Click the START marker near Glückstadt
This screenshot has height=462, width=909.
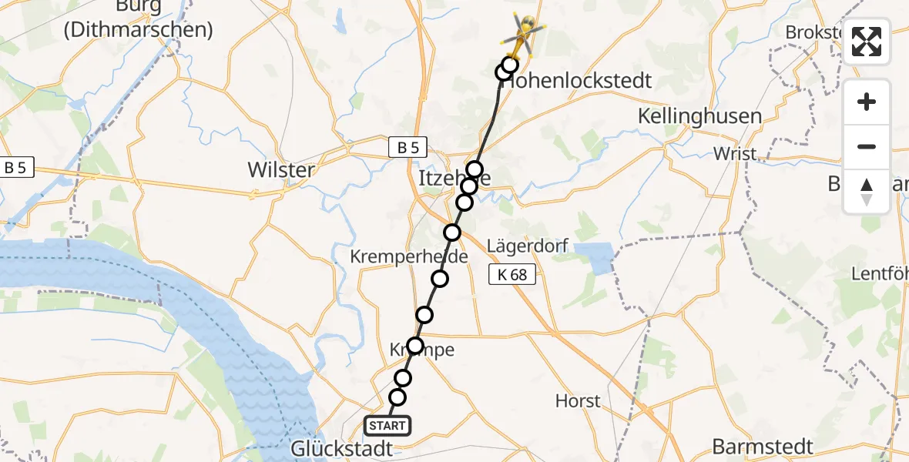387,426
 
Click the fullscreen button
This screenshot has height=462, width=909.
867,42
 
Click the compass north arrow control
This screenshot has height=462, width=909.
867,192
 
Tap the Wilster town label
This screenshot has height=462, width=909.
281,169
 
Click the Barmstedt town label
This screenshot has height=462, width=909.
763,447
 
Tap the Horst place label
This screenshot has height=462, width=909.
578,401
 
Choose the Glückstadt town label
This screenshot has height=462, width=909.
341,448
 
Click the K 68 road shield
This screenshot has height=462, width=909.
512,274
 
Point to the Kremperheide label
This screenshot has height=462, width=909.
409,256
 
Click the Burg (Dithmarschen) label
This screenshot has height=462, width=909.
139,19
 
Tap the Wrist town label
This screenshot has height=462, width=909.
735,153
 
